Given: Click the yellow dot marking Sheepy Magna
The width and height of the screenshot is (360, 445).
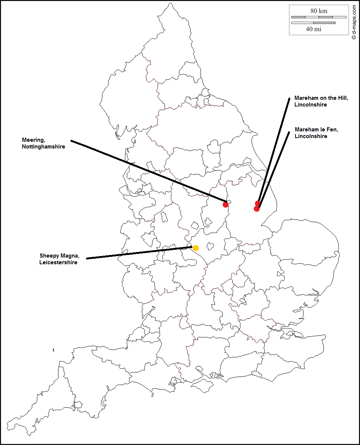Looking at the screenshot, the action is click(x=195, y=248).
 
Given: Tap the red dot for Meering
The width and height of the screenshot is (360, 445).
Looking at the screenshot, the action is click(x=225, y=204).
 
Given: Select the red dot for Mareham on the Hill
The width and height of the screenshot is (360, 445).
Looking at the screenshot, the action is click(x=258, y=203).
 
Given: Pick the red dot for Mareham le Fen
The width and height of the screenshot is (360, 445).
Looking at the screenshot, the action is click(x=257, y=209).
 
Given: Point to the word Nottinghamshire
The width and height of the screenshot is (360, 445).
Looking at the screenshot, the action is click(x=43, y=147).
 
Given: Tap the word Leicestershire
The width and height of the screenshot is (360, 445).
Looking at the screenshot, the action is click(x=58, y=262).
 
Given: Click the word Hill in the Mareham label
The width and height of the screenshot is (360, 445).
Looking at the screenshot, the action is click(x=341, y=98).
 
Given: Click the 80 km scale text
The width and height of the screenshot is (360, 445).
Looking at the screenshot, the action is click(x=318, y=11).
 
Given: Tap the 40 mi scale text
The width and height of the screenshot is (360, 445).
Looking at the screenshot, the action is click(x=314, y=29).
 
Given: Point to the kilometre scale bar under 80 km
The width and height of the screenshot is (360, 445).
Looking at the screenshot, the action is click(x=318, y=17).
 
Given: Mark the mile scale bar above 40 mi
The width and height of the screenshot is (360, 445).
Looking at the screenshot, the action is click(x=313, y=23).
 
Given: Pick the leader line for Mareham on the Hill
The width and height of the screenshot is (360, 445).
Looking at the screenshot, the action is click(x=274, y=148).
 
